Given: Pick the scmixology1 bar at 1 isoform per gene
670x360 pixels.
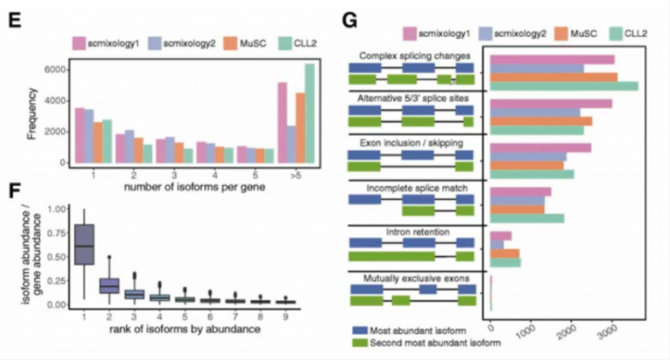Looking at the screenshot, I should coord(80,135).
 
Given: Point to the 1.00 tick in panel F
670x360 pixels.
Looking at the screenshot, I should coord(54,209).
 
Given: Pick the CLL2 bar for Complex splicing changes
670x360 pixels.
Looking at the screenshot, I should coord(564,85).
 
